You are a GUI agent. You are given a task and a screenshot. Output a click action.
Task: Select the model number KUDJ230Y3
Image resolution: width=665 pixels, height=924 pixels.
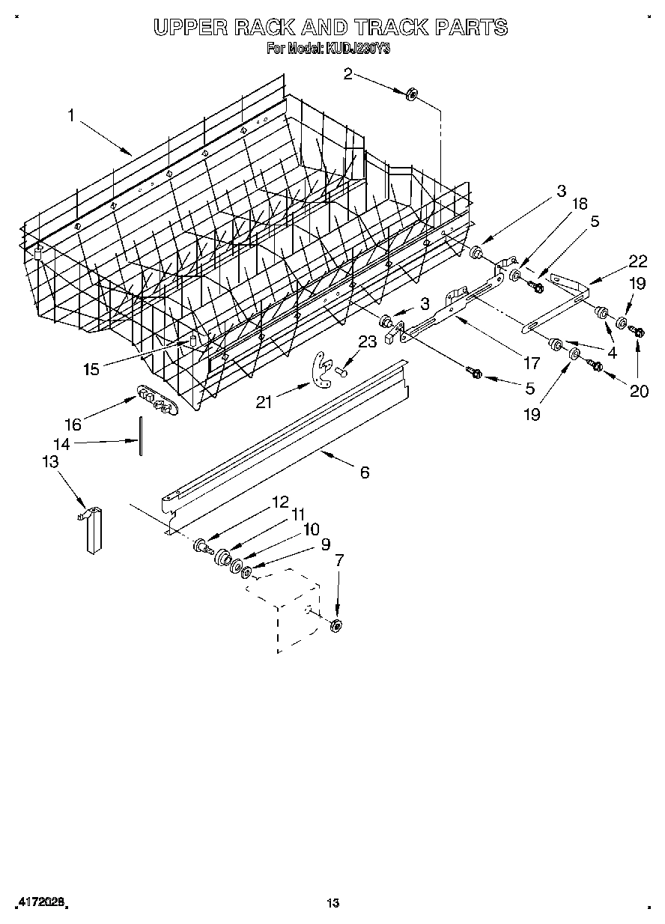tap(357, 49)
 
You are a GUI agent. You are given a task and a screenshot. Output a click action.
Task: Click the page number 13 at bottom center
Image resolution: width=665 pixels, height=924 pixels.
tap(332, 903)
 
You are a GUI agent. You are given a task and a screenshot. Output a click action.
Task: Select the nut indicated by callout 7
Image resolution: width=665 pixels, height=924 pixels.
tap(336, 625)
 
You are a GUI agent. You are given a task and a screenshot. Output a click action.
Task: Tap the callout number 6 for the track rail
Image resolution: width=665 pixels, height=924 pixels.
tap(365, 472)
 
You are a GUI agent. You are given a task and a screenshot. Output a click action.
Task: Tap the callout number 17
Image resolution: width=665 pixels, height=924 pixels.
tap(531, 363)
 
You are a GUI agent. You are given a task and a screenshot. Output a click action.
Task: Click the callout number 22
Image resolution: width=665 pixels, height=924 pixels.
tap(637, 261)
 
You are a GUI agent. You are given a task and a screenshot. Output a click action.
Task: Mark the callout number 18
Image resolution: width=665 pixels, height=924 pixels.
tap(580, 203)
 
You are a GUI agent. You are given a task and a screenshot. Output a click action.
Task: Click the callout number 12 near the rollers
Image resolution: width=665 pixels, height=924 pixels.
tap(279, 502)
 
